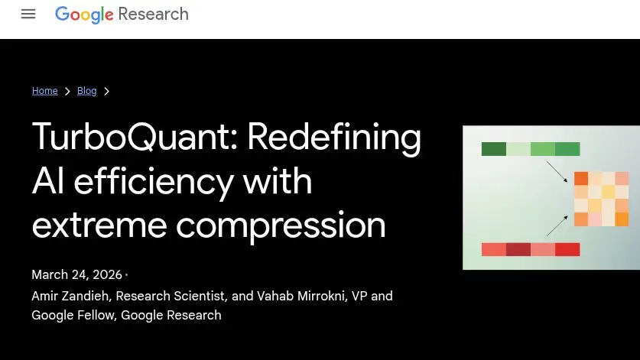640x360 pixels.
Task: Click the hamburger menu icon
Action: point(28,14)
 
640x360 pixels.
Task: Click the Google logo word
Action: point(84,15)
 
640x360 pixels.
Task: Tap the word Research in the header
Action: point(154,14)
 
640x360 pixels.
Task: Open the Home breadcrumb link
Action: point(45,91)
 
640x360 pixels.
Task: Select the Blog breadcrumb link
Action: point(87,91)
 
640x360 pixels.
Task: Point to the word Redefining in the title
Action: point(334,138)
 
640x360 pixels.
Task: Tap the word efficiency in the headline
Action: point(154,182)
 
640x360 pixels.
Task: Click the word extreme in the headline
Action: point(99,225)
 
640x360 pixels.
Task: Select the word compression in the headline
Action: point(281,228)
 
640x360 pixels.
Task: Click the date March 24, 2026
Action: point(76,274)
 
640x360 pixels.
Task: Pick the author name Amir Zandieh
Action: point(71,296)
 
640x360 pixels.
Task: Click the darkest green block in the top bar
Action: point(494,149)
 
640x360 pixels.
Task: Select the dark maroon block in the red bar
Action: point(518,249)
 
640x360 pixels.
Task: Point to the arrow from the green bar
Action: point(557,172)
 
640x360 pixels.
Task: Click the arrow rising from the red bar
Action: point(557,225)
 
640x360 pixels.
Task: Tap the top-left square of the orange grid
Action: point(581,178)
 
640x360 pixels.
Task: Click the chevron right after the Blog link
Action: point(106,92)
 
